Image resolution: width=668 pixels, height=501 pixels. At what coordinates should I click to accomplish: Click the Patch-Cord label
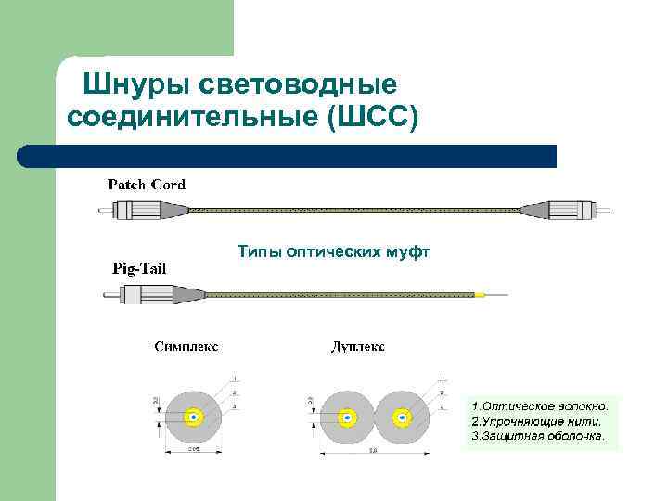pyautogui.click(x=147, y=184)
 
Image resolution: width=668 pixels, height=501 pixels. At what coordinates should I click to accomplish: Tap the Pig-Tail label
pyautogui.click(x=140, y=269)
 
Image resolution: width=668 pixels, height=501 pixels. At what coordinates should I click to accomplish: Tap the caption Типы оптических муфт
pyautogui.click(x=334, y=251)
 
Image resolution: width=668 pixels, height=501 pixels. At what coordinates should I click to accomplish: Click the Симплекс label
pyautogui.click(x=186, y=347)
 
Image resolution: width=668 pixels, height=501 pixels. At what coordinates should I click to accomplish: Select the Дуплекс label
pyautogui.click(x=358, y=347)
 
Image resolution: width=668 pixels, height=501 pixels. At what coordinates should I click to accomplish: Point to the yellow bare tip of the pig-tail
pyautogui.click(x=480, y=295)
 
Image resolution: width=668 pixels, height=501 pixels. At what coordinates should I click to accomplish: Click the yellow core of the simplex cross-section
pyautogui.click(x=194, y=417)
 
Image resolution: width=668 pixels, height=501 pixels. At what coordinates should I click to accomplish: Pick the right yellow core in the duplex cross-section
pyautogui.click(x=401, y=417)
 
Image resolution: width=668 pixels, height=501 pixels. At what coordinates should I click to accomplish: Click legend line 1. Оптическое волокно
pyautogui.click(x=540, y=406)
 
